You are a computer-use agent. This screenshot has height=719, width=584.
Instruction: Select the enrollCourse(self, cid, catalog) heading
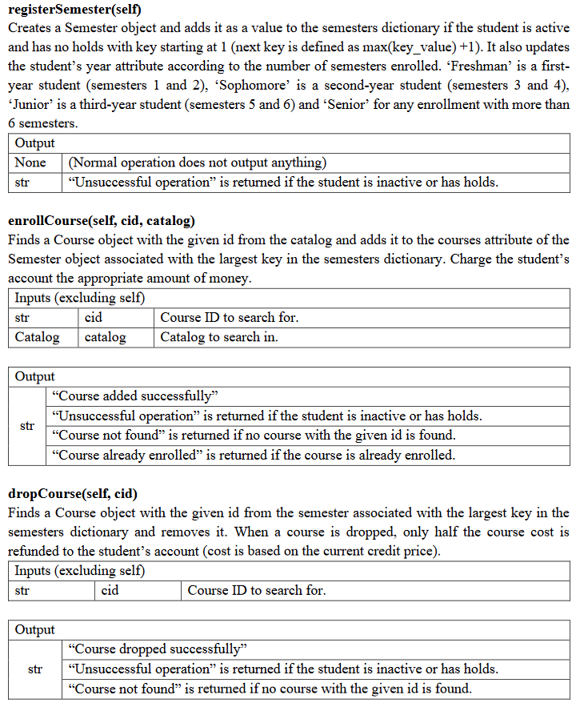coord(102,220)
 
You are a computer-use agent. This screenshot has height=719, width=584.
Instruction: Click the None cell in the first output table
coord(30,163)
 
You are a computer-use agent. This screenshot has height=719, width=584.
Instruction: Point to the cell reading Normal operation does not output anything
coord(198,163)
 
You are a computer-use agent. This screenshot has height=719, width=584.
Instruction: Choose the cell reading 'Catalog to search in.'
coord(219,337)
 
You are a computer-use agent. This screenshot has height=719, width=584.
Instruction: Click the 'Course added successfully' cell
coord(134,396)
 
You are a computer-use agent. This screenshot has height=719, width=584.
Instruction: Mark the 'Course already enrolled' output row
coord(253,455)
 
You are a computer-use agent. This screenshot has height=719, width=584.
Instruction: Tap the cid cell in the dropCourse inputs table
coord(110,590)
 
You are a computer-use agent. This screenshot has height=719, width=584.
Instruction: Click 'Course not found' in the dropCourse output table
coord(270,689)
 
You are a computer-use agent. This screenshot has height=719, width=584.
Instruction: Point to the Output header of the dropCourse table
coord(35,630)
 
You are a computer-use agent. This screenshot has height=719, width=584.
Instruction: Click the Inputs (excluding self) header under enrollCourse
coord(80,298)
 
